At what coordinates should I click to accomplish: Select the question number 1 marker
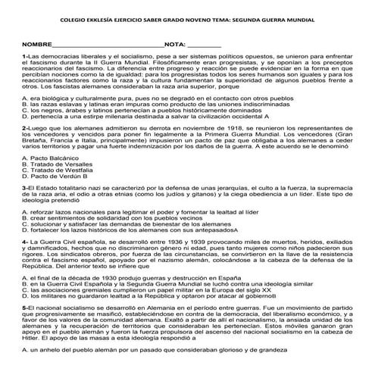tap(25, 56)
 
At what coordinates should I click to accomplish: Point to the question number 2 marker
tap(25, 129)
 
